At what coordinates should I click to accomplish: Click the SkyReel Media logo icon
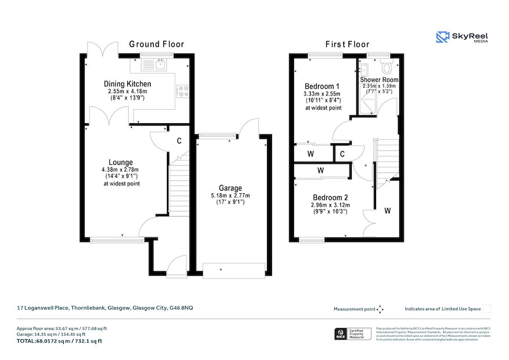pyautogui.click(x=442, y=37)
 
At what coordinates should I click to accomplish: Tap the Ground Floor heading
pyautogui.click(x=156, y=44)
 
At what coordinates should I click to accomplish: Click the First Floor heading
pyautogui.click(x=347, y=44)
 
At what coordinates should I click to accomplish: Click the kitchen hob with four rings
pyautogui.click(x=183, y=91)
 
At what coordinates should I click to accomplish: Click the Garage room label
pyautogui.click(x=230, y=188)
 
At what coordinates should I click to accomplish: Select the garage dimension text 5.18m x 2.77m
pyautogui.click(x=230, y=196)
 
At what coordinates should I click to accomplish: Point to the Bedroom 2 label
pyautogui.click(x=329, y=197)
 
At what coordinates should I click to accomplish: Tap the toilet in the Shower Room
pyautogui.click(x=387, y=67)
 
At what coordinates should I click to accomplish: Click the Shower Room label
pyautogui.click(x=379, y=80)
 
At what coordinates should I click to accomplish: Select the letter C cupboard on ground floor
pyautogui.click(x=179, y=141)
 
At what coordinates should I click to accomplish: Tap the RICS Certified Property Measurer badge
pyautogui.click(x=352, y=334)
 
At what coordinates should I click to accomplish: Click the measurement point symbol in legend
pyautogui.click(x=380, y=309)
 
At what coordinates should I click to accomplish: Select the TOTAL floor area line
pyautogui.click(x=59, y=341)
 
